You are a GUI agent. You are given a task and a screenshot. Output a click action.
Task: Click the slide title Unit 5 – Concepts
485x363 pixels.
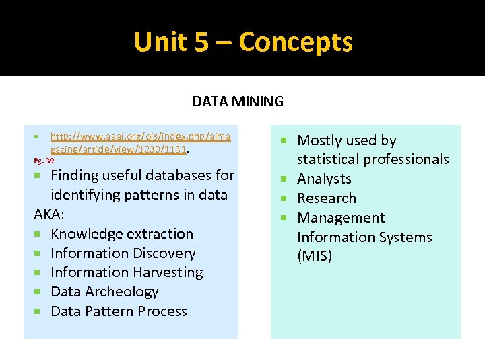pos(243,42)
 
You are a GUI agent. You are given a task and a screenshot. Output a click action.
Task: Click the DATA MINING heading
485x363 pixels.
pos(238,102)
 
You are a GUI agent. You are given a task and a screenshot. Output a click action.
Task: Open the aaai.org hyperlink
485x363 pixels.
pos(140,143)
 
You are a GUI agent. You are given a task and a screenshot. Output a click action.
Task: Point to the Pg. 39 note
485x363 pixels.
pos(44,161)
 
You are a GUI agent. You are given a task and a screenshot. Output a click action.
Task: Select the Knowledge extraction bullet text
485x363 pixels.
pos(122,234)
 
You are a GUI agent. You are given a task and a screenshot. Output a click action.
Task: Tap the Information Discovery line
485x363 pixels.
pos(123,253)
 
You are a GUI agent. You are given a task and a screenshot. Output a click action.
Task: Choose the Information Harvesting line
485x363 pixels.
pos(127,272)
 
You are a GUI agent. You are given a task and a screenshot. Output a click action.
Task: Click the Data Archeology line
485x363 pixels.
pos(104,292)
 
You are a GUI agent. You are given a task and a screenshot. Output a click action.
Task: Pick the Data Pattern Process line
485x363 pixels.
pos(119,311)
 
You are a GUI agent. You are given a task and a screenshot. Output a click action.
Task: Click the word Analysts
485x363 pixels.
pos(324,179)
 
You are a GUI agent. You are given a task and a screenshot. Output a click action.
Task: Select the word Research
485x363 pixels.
pos(327,198)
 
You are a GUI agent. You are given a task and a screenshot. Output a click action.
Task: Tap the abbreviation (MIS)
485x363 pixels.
pos(315,256)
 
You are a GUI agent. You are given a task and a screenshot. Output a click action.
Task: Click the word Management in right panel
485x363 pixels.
pos(341,218)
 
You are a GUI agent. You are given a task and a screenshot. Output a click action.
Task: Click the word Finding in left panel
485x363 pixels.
pos(74,175)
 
